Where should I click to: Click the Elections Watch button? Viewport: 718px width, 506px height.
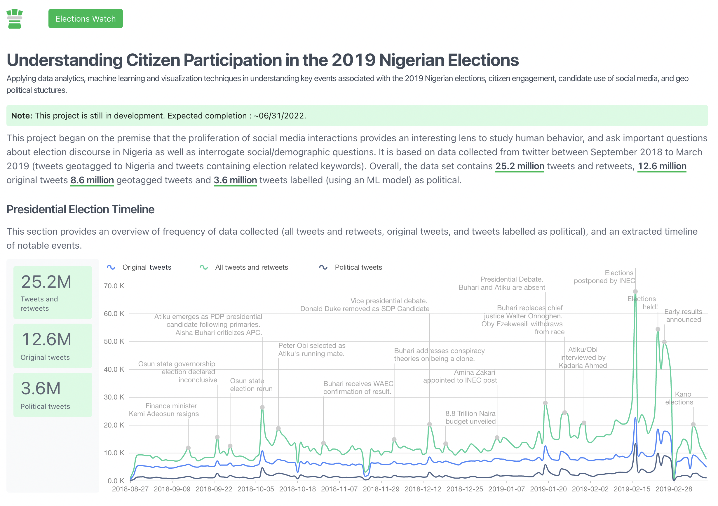pos(85,19)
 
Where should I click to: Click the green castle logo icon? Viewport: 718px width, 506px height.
pos(15,19)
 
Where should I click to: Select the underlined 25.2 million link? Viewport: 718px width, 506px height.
pos(520,166)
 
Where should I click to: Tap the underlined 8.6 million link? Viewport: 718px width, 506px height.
pos(92,180)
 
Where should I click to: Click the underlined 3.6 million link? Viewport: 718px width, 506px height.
pos(235,180)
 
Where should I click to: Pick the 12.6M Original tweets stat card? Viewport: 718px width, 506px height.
pos(53,346)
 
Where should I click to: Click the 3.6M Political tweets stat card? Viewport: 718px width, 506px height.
pos(53,395)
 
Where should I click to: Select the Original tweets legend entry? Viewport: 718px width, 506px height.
pos(139,267)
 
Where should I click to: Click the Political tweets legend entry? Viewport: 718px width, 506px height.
pos(351,267)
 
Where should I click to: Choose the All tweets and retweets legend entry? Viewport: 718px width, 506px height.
pos(244,267)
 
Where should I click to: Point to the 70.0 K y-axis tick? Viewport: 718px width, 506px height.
pos(114,286)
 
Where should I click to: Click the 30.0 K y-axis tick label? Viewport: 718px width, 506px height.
pos(114,397)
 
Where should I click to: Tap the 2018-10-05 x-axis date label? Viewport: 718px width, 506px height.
pos(255,489)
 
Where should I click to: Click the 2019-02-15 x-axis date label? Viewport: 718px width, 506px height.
pos(632,489)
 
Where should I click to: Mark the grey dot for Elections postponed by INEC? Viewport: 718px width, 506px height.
pos(635,292)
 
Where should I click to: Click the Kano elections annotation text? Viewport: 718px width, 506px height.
pos(679,398)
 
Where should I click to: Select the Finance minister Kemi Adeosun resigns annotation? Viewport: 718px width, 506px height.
pos(164,410)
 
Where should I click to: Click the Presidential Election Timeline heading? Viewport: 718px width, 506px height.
pos(80,210)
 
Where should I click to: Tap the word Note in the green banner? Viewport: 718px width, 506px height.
pos(22,116)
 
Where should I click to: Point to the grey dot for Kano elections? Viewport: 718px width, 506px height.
pos(693,424)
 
